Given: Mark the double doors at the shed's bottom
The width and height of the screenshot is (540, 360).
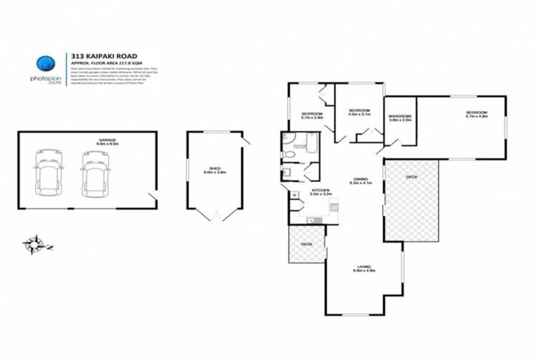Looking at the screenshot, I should click(215, 213).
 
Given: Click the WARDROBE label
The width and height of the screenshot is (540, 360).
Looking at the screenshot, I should click(399, 117).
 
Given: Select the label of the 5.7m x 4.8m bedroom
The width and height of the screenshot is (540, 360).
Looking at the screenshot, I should click(475, 114).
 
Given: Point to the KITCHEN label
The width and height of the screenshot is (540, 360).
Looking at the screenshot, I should click(321, 191).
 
